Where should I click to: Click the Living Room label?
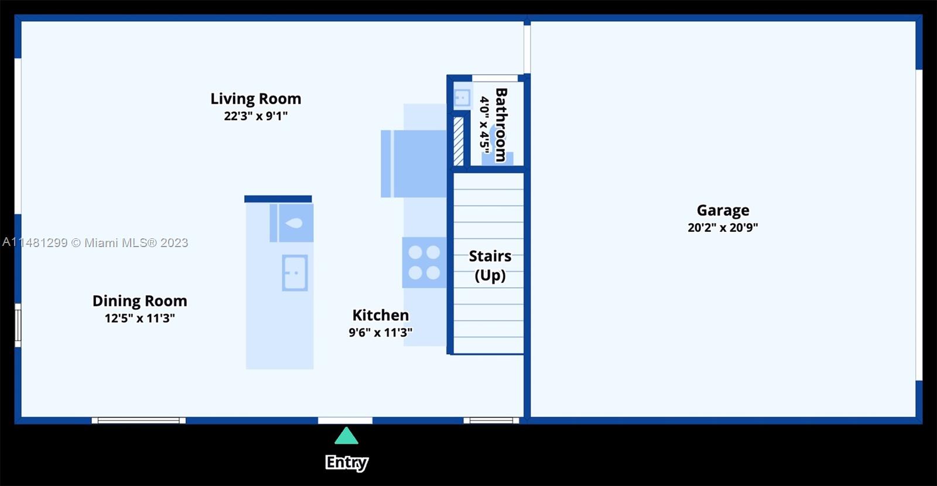coord(255,99)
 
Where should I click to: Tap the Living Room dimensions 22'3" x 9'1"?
coord(255,116)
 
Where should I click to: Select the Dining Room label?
coord(140,301)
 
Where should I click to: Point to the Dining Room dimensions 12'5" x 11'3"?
coord(140,319)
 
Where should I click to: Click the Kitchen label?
coord(381,315)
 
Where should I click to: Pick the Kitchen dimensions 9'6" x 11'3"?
coord(381,333)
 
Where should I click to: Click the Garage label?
coord(723,210)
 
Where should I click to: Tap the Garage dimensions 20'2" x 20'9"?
coord(723,228)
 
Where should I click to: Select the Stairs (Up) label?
coord(490,266)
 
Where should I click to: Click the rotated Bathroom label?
coord(501,125)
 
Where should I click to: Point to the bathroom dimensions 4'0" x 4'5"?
coord(484,122)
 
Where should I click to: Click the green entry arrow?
coord(346,436)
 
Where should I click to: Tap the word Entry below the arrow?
coord(347,463)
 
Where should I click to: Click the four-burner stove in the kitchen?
coord(424,263)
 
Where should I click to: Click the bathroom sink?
coord(462,98)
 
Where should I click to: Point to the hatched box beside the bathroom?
coord(459,141)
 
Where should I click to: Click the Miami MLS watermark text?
coord(95,242)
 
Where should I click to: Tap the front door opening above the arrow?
coord(345,420)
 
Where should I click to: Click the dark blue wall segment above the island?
coord(278,199)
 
